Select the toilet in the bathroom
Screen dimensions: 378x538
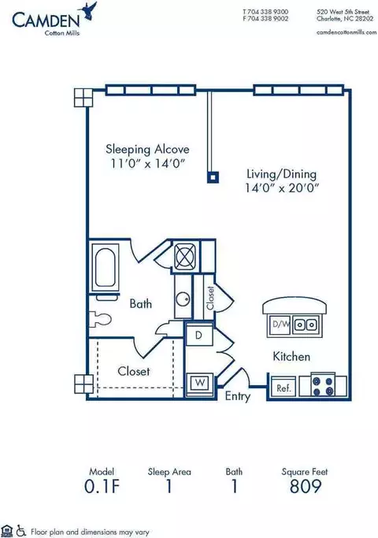pos(99,320)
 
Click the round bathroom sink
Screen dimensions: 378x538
pos(183,299)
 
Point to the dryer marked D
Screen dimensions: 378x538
pos(199,335)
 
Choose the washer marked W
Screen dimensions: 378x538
pos(200,383)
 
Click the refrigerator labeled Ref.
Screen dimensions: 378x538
pos(283,388)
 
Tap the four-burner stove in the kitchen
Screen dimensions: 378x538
pos(323,385)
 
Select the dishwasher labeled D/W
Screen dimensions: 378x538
pos(280,324)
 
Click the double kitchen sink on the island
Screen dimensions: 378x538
pos(306,324)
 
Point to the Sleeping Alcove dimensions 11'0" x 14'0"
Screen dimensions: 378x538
pos(147,163)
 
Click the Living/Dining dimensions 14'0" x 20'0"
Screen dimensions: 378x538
pos(282,187)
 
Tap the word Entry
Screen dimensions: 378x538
pos(237,396)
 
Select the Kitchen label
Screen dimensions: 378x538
pos(291,357)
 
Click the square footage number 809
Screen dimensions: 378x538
pos(306,486)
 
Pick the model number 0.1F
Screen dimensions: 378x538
pos(102,486)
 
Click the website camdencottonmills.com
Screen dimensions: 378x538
pos(346,32)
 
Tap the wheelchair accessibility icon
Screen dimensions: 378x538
pos(21,531)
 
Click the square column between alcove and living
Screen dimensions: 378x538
pos(213,177)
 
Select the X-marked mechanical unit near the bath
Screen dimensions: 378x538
pos(186,256)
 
